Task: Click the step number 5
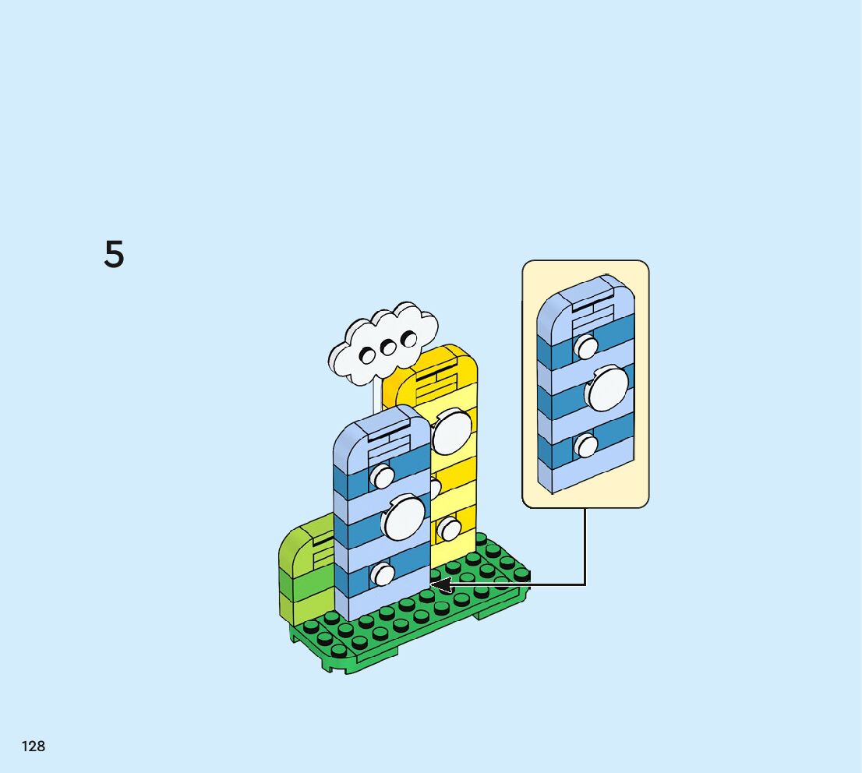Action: [x=114, y=255]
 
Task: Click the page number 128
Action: [x=34, y=746]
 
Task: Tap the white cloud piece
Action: [x=382, y=343]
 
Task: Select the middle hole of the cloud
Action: [x=387, y=347]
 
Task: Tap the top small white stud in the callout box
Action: [x=586, y=347]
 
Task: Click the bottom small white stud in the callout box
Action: [x=585, y=446]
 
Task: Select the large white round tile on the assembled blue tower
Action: [x=403, y=517]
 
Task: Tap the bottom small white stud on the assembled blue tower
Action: [x=383, y=574]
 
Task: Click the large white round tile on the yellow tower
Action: [x=450, y=432]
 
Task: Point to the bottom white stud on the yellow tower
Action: [x=449, y=530]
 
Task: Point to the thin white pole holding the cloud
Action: [x=377, y=394]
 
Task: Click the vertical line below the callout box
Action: [x=585, y=545]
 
